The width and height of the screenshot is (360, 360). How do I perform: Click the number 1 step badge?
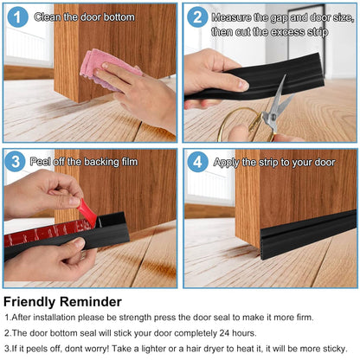click(x=16, y=17)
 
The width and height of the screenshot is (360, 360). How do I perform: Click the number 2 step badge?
click(x=197, y=17)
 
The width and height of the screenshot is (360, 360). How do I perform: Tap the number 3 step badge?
click(x=16, y=162)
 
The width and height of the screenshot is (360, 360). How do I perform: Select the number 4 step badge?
click(x=197, y=162)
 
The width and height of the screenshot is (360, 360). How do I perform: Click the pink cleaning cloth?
click(x=104, y=69)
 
